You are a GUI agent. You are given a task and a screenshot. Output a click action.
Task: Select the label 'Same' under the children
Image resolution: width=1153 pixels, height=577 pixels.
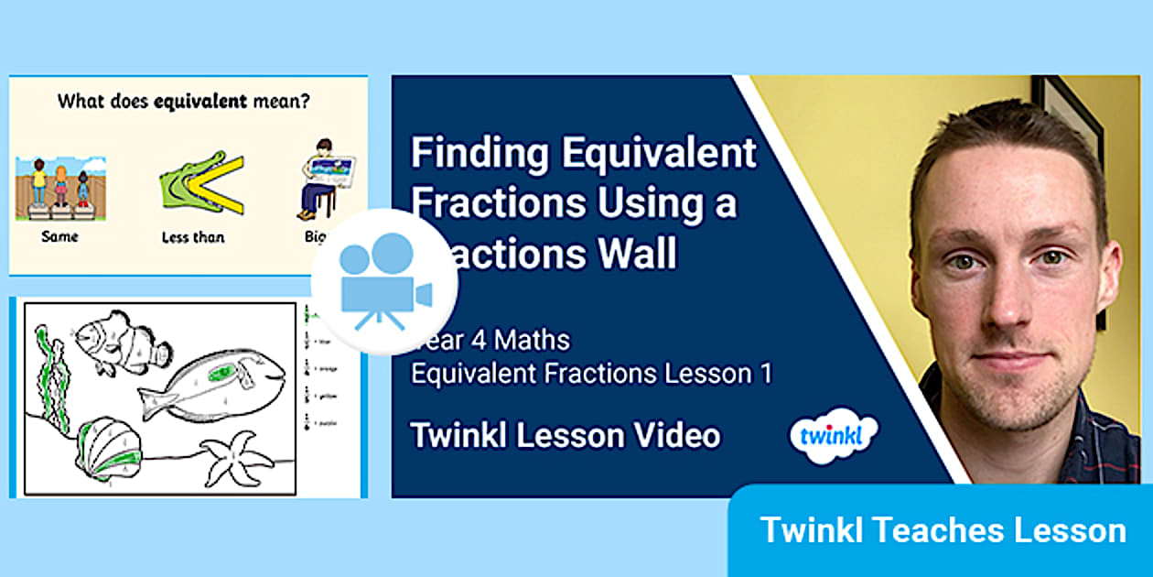(59, 236)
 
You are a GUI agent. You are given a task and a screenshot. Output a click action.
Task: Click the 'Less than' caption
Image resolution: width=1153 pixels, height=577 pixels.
(194, 236)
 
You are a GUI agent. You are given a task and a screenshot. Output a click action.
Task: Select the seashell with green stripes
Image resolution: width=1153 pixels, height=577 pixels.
(110, 449)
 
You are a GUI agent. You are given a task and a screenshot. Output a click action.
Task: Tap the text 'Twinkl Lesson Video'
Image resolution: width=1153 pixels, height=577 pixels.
(566, 436)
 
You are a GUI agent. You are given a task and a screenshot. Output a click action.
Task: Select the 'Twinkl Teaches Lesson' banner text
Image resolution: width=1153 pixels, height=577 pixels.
(943, 530)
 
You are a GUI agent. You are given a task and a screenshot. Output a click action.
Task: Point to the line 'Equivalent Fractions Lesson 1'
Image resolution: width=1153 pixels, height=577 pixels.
(591, 374)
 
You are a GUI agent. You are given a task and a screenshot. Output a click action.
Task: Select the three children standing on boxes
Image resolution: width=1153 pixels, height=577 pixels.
(59, 186)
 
